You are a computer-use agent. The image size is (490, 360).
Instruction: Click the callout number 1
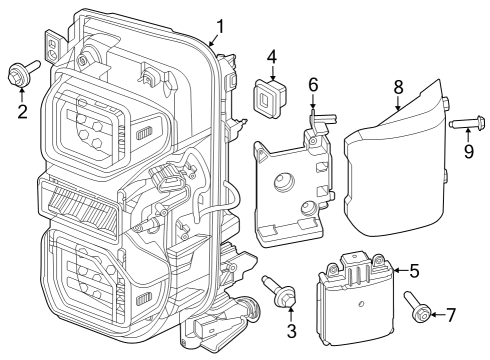tap(220, 26)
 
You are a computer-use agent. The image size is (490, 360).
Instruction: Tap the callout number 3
tap(291, 331)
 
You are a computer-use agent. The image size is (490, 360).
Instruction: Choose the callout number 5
tap(413, 269)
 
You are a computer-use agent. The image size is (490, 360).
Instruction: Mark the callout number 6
tap(313, 87)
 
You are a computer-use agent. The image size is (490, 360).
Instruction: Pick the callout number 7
tap(450, 314)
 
